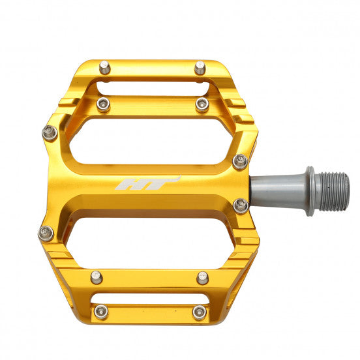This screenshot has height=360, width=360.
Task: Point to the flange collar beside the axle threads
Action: (x=310, y=190)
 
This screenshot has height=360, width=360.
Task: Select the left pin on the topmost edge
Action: (x=104, y=67)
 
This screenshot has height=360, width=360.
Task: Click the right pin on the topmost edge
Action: (x=200, y=67)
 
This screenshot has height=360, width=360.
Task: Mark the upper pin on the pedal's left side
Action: (x=50, y=133)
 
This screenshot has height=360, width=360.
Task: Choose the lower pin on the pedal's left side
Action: (x=46, y=233)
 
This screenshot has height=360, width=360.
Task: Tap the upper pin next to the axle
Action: (x=240, y=161)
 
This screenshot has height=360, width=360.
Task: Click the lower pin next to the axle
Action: (x=241, y=206)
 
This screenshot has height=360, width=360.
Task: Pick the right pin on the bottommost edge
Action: (x=199, y=312)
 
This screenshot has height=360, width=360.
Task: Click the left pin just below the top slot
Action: (x=104, y=104)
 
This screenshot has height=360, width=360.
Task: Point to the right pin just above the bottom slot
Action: (x=203, y=278)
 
